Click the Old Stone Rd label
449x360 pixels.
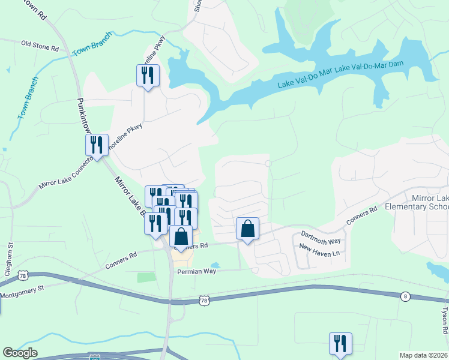click(x=40, y=44)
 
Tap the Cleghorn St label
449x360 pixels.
click(x=10, y=256)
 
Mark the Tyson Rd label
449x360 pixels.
click(x=445, y=321)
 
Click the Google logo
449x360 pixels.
click(x=20, y=353)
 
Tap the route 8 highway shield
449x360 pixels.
click(x=405, y=296)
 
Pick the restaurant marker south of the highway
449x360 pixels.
click(x=340, y=344)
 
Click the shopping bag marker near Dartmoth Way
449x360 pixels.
click(x=247, y=229)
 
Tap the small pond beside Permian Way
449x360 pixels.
click(x=215, y=265)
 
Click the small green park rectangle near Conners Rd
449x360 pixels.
click(x=146, y=278)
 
